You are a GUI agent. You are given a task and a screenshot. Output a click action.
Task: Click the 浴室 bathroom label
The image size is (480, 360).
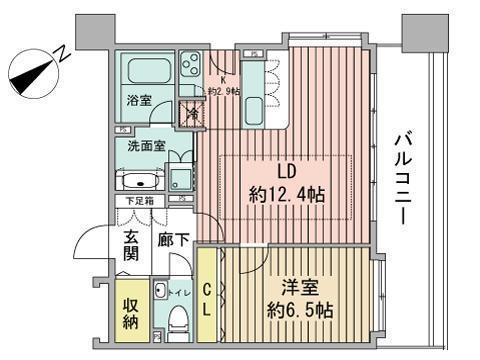138,100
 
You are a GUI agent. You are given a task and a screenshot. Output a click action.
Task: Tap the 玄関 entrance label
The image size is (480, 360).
131,247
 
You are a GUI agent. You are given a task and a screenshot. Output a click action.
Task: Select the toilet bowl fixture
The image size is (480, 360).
177,322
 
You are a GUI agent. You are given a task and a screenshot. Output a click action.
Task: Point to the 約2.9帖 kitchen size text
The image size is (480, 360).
223,92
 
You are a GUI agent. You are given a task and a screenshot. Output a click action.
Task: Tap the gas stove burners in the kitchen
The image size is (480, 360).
189,69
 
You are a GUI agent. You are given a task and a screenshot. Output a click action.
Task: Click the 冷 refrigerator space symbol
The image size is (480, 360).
190,114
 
